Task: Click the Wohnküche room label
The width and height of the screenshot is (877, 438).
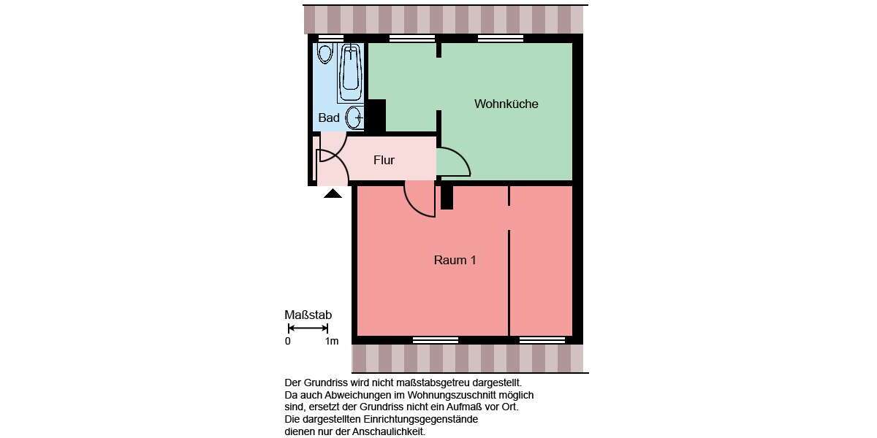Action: tap(506, 104)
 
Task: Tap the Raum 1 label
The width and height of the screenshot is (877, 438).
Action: tap(455, 260)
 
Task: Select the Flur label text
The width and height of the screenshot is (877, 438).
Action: tap(384, 161)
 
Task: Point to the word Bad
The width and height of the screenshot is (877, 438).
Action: tap(329, 118)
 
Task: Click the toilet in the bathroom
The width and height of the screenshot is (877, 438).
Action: tap(325, 53)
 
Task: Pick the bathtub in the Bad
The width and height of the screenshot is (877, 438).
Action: tap(351, 72)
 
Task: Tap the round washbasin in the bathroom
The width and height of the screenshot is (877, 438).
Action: tap(354, 117)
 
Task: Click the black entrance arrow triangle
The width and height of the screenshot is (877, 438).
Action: tap(333, 193)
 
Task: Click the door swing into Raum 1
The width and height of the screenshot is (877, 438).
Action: tap(419, 199)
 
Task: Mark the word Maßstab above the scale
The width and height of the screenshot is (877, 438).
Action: tap(308, 315)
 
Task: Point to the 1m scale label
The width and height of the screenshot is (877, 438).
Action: tap(332, 341)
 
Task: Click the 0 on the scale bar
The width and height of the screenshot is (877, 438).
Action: tap(288, 341)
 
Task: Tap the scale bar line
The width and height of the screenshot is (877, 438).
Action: tap(308, 328)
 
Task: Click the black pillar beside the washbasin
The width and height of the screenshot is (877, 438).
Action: tap(375, 115)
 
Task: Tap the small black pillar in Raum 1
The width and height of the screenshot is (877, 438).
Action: tap(447, 198)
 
